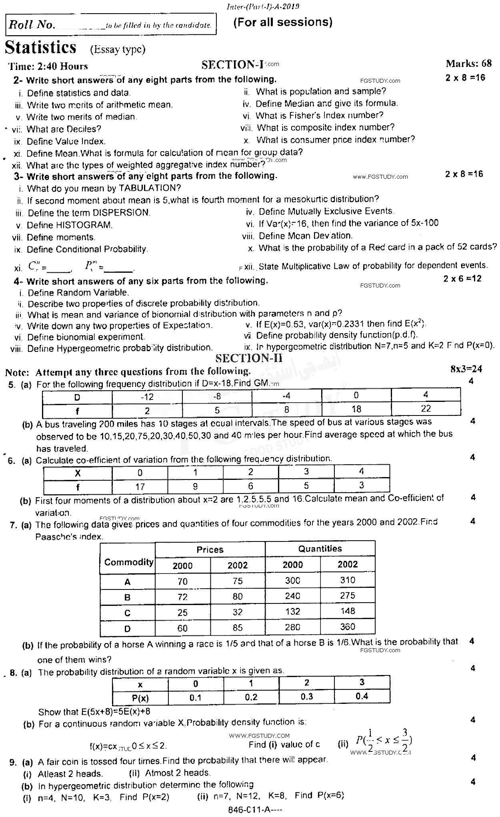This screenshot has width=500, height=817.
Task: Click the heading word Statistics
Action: tap(40, 48)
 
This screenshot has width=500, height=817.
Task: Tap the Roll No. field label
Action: tap(32, 25)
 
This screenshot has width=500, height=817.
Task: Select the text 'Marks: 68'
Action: tap(468, 63)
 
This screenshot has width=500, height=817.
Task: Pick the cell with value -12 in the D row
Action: tap(147, 396)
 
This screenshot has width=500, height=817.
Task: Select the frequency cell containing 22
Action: tap(426, 409)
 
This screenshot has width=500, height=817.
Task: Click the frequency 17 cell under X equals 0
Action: tap(140, 487)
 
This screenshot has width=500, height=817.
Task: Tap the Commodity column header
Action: tap(128, 562)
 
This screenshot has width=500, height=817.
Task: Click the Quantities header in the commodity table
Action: tap(320, 549)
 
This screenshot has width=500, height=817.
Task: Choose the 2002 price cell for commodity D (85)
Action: tap(238, 627)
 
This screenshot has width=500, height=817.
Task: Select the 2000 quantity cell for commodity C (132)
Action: tap(292, 611)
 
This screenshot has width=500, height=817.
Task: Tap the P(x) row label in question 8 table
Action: tap(140, 698)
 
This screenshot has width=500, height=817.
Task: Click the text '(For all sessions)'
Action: tap(282, 22)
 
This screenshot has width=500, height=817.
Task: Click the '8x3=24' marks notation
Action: tap(466, 369)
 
